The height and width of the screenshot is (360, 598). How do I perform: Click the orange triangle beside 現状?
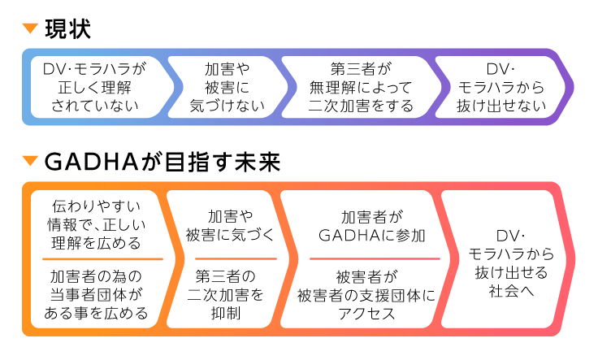[32, 30]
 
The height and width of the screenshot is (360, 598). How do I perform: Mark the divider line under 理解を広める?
[96, 258]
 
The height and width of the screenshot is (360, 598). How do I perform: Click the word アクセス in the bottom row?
[367, 313]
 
